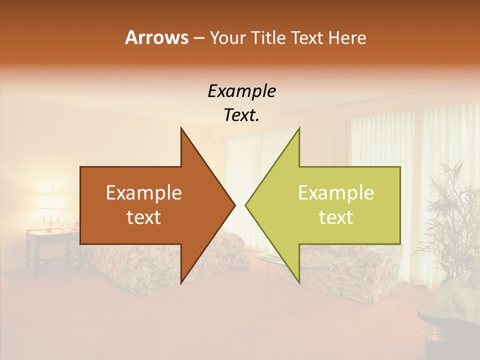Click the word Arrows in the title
tap(156, 37)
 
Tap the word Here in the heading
tap(347, 37)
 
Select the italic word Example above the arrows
tap(241, 91)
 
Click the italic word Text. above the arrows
tap(241, 115)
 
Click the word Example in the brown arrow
tap(144, 193)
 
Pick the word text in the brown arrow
tap(144, 217)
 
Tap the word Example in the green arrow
tap(336, 193)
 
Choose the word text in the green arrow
tap(336, 217)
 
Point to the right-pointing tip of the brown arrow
tap(234, 205)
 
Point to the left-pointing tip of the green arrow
tap(246, 205)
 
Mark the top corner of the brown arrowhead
tap(181, 128)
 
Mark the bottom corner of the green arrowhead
tap(299, 282)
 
